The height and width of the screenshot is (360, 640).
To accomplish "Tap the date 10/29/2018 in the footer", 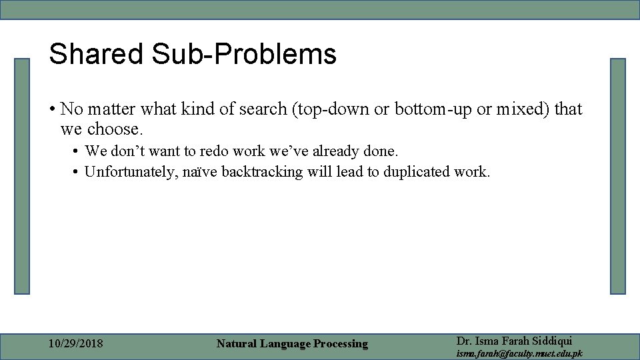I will [76, 344].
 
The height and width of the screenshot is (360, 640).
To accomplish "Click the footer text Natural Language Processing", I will [292, 344].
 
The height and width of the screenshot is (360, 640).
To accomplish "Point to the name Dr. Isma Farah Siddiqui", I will [514, 341].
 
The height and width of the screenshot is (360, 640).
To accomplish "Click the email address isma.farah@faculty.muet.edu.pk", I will [519, 353].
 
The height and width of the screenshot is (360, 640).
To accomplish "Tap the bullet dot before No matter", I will [52, 109].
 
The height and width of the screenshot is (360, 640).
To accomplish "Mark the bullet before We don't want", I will [77, 152].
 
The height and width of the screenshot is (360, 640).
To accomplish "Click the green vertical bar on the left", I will [22, 176].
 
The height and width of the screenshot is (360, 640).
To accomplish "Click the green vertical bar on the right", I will [618, 176].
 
